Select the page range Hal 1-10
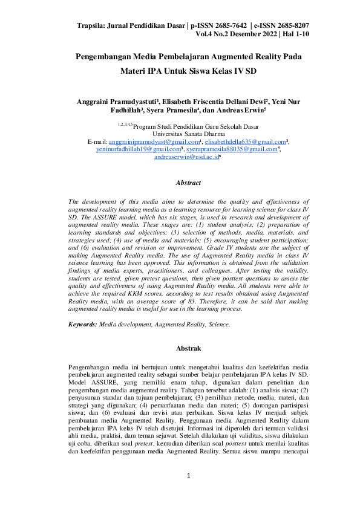click(x=293, y=34)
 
